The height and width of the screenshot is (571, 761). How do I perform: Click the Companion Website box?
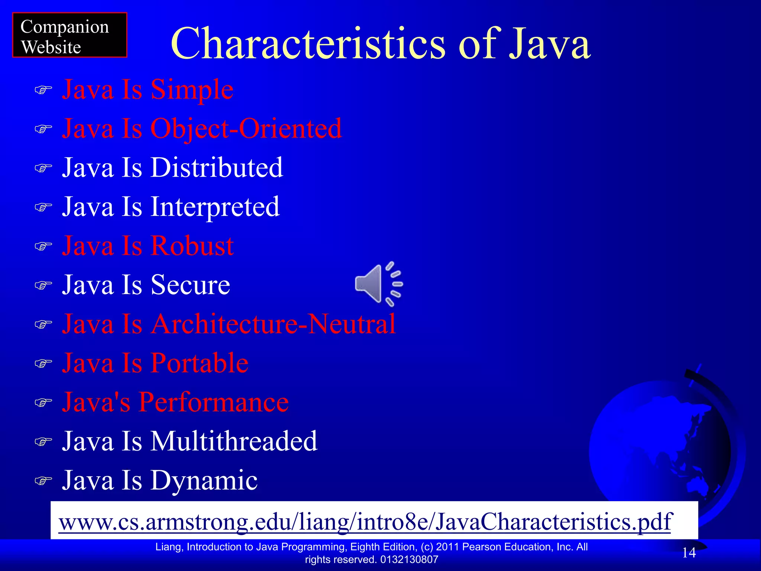pyautogui.click(x=69, y=35)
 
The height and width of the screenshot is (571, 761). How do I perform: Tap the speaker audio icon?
pyautogui.click(x=378, y=284)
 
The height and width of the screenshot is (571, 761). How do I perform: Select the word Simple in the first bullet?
pyautogui.click(x=192, y=90)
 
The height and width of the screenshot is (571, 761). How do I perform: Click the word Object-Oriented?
pyautogui.click(x=246, y=129)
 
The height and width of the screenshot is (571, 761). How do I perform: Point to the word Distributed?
pyautogui.click(x=217, y=168)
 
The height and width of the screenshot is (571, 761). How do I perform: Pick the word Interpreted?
pyautogui.click(x=215, y=207)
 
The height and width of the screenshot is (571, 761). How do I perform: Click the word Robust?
pyautogui.click(x=192, y=246)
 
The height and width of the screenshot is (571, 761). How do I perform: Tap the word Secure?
pyautogui.click(x=190, y=285)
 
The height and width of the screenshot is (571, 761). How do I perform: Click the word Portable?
pyautogui.click(x=200, y=363)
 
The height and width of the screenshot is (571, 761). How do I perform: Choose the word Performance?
pyautogui.click(x=214, y=402)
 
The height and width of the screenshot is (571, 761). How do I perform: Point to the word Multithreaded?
pyautogui.click(x=234, y=441)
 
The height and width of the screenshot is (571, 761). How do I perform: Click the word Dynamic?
pyautogui.click(x=204, y=480)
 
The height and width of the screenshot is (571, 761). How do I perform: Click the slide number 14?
pyautogui.click(x=689, y=553)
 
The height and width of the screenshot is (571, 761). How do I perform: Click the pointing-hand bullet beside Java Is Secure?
pyautogui.click(x=43, y=285)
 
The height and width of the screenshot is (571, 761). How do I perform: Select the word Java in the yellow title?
pyautogui.click(x=549, y=43)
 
